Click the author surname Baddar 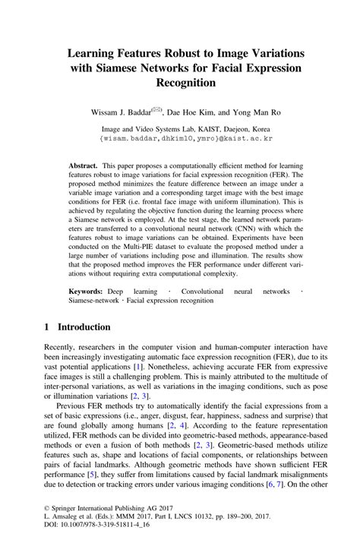coord(143,112)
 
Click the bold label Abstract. coord(83,165)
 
